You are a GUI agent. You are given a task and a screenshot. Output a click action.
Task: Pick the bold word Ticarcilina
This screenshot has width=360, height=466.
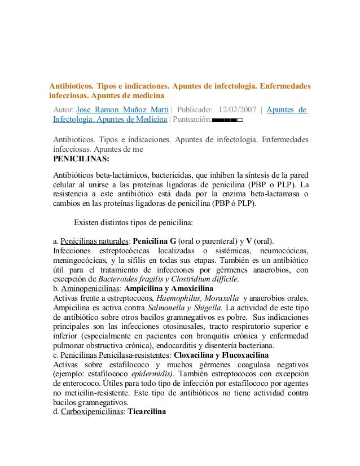[147, 412]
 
